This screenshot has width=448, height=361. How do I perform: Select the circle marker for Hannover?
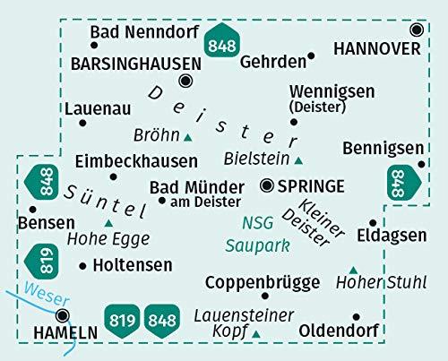[x=416, y=30]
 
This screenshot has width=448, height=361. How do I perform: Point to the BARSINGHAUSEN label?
[x=134, y=64]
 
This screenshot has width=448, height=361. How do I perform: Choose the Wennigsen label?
[x=326, y=91]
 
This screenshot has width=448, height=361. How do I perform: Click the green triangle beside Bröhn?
[x=188, y=137]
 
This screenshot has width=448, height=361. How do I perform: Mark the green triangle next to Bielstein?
[x=298, y=160]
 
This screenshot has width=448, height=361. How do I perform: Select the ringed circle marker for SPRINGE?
[x=267, y=186]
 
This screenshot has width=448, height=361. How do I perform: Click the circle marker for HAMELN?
[x=63, y=314]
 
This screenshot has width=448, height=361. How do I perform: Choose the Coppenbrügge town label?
[x=263, y=283]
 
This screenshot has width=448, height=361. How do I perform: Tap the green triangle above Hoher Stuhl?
[x=353, y=269]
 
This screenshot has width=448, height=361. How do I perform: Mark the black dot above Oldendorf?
[x=357, y=316]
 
